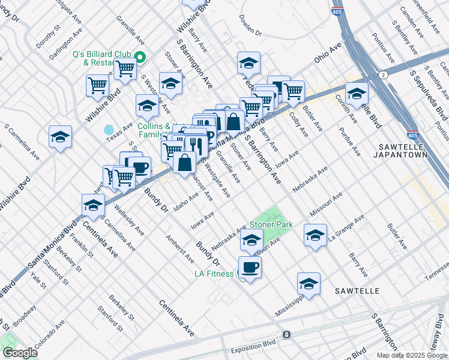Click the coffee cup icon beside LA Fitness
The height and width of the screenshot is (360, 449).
pos(250,267)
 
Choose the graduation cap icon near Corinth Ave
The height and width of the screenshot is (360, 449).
pos(357,94)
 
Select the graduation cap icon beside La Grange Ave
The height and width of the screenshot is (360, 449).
pos(315,235)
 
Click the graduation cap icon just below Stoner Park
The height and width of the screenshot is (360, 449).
pos(252,240)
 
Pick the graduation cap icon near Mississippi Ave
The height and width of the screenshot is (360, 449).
pos(309,283)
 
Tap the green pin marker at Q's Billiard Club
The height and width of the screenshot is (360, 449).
pos(140,58)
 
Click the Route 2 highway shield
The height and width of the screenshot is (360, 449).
pos(382,74)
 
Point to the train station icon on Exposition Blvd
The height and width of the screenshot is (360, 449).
pos(286,334)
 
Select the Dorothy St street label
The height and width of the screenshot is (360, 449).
pos(49,36)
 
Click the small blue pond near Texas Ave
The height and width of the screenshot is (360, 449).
pos(109,130)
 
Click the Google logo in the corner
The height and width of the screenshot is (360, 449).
pos(19,353)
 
